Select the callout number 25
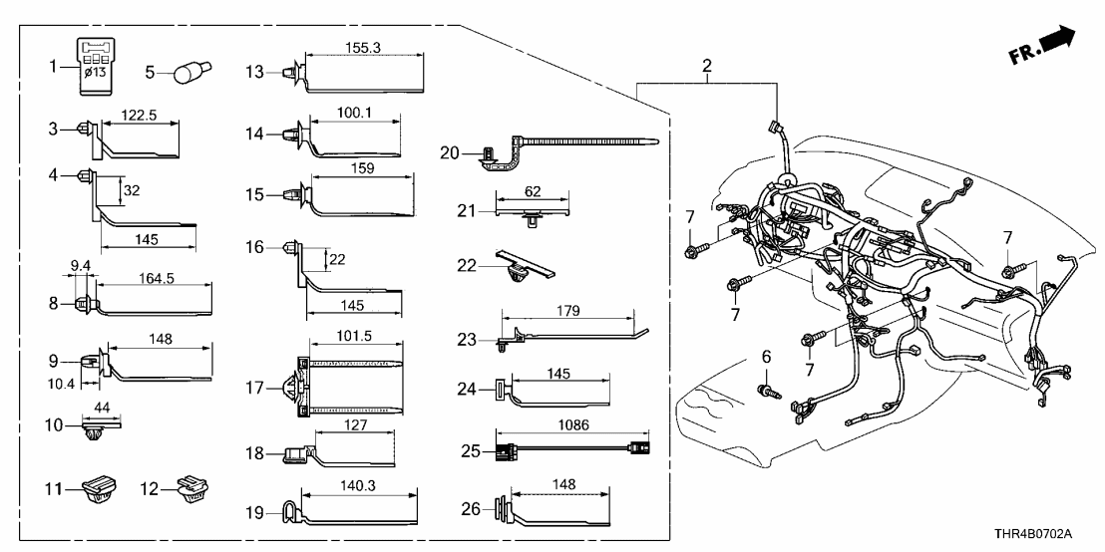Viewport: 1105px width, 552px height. point(471,452)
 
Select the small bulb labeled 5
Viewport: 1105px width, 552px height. point(187,73)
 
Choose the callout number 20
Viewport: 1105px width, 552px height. point(450,152)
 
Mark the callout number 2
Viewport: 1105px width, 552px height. point(706,65)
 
